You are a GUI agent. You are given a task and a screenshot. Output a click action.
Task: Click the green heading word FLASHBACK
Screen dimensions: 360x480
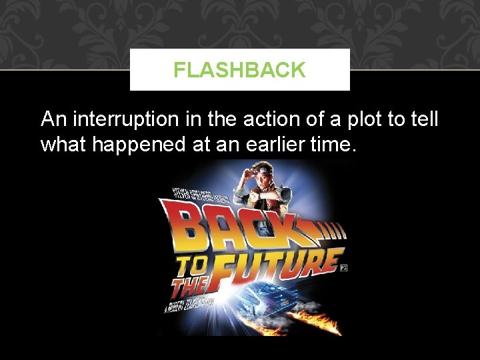pos(239,70)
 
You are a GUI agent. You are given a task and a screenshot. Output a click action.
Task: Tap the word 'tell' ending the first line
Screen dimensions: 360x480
pos(423,120)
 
